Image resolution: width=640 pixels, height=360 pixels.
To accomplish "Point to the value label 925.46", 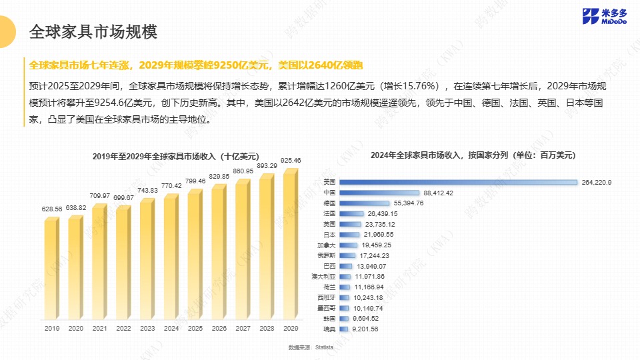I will coord(291,160).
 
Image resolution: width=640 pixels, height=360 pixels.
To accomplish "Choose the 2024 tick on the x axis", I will coord(171,328).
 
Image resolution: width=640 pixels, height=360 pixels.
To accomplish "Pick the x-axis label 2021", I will coord(99,328).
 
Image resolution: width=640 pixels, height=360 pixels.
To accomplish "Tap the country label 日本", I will coord(329,235).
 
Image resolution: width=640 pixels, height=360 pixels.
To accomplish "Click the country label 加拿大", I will coord(326,245).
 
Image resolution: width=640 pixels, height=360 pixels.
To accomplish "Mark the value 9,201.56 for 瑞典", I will coord(365,329).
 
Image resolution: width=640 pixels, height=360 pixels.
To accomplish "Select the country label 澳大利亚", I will coord(323,276).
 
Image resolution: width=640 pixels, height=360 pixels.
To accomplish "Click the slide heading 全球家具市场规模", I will coord(93,31).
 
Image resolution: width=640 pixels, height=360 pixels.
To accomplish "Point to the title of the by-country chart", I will coord(473,155).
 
